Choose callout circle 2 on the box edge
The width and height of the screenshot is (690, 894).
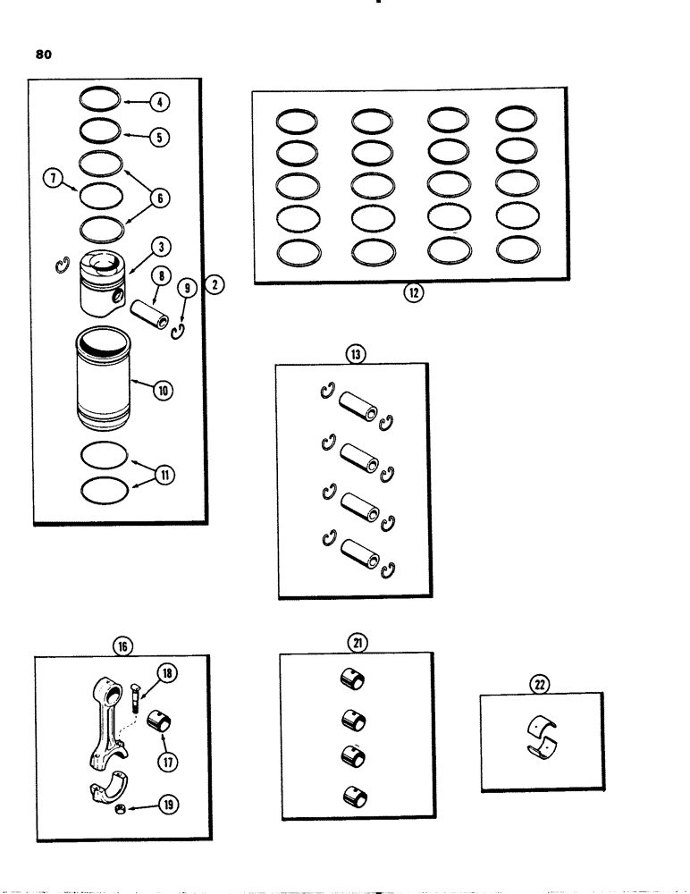click(215, 286)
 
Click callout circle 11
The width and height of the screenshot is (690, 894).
click(164, 476)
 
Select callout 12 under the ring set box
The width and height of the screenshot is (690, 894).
click(413, 294)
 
